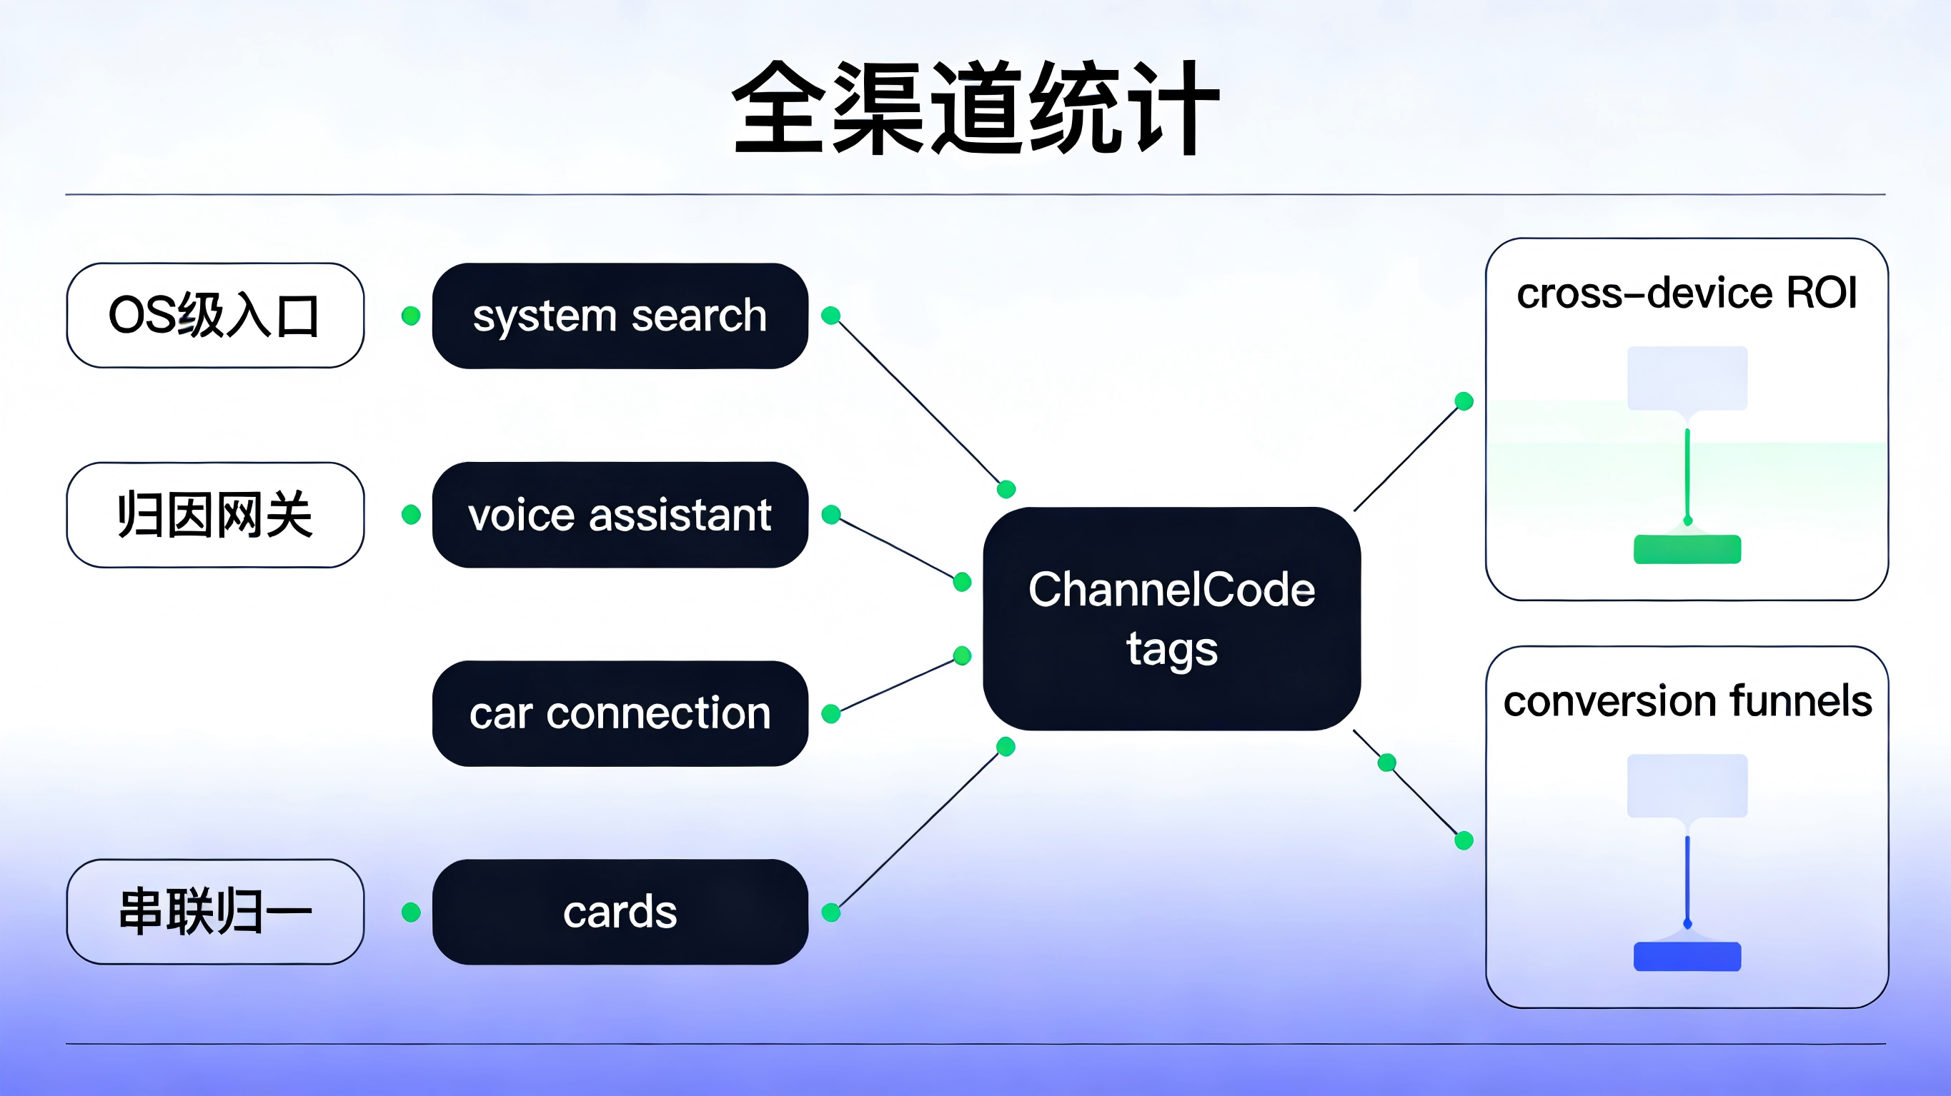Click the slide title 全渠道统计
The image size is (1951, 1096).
975,108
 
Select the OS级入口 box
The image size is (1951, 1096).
215,316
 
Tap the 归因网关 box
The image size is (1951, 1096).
215,515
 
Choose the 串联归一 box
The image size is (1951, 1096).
215,911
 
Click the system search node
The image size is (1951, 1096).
620,316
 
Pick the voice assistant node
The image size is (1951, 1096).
620,515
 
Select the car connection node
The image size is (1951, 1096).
620,713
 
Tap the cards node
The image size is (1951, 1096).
620,911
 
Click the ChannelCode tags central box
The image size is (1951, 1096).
1171,618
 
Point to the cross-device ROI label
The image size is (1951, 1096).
1687,293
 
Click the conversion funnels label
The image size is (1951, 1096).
1687,701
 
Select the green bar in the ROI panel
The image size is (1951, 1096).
1687,549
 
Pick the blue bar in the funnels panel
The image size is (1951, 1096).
1687,956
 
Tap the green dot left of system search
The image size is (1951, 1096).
410,316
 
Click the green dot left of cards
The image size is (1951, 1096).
410,912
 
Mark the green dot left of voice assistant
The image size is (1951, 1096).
410,515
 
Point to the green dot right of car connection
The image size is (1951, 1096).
831,714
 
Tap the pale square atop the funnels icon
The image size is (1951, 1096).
1687,785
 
